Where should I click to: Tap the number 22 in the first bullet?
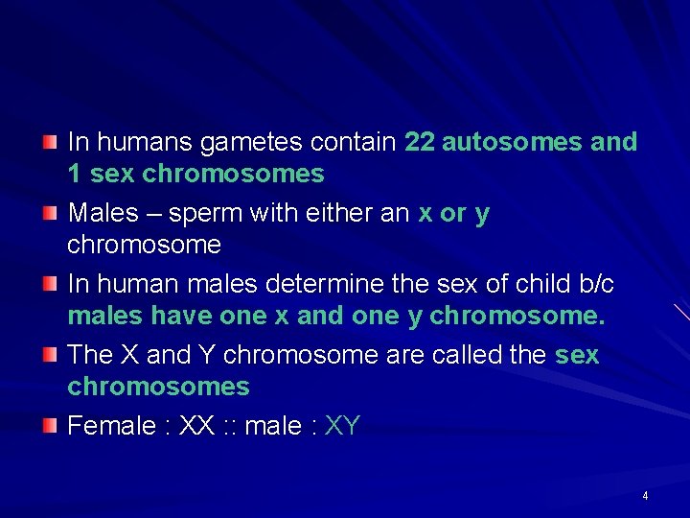[x=420, y=142]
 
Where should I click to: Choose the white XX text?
[x=196, y=426]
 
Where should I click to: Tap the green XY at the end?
[x=342, y=426]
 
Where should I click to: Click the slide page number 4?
[x=645, y=496]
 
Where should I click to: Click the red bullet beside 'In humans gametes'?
[x=50, y=142]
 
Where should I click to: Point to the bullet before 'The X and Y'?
[x=50, y=354]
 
